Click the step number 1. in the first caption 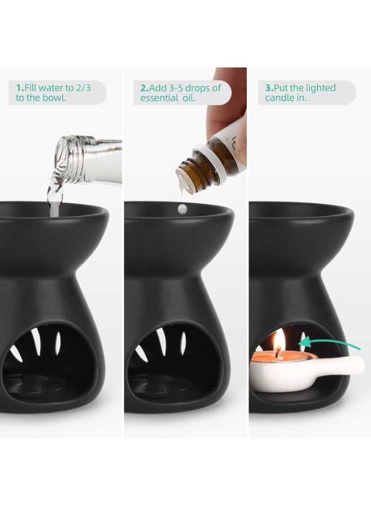(20, 88)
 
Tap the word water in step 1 (49, 88)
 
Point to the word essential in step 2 (160, 98)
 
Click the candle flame (279, 338)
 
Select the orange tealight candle (273, 355)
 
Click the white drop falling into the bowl (181, 209)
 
